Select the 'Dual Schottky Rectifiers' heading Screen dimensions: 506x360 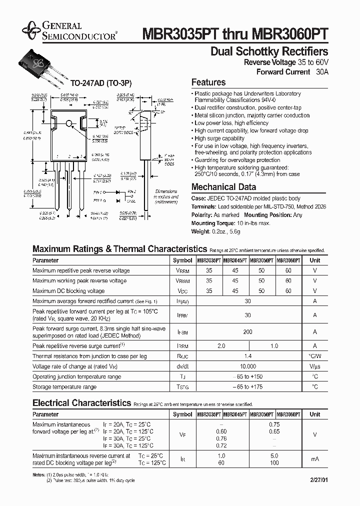tap(269, 51)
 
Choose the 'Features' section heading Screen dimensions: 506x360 tap(208, 82)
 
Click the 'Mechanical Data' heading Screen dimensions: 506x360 tap(223, 187)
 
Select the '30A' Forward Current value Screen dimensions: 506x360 tap(322, 72)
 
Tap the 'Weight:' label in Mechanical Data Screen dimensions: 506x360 tap(201, 231)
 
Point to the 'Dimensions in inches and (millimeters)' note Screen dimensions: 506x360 tap(166, 197)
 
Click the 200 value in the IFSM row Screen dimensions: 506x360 tap(247, 332)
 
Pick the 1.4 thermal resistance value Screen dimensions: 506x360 tap(247, 356)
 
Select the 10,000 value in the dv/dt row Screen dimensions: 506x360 tap(247, 366)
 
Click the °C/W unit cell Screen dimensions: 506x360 tap(314, 356)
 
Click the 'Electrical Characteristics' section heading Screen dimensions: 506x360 tap(81, 402)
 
